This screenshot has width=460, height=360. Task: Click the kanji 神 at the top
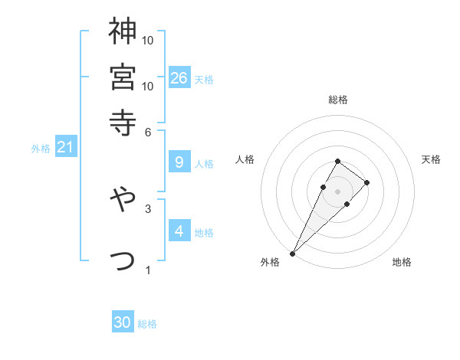(123, 31)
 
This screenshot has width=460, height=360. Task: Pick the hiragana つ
(123, 261)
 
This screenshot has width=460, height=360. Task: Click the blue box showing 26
(179, 77)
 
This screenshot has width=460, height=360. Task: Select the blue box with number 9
(179, 162)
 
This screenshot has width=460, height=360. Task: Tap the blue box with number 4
(179, 231)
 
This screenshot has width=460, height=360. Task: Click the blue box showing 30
(123, 323)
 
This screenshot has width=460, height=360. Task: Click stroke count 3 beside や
(148, 208)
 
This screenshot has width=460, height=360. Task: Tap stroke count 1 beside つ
(148, 270)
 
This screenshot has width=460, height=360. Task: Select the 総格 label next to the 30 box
(147, 324)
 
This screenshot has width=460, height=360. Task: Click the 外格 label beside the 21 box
(41, 149)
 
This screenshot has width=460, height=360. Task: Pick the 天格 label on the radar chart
(431, 159)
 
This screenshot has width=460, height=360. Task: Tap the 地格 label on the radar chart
(402, 262)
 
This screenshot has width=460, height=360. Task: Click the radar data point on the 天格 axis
(367, 182)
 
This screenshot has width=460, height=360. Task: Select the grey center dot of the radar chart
(337, 191)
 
